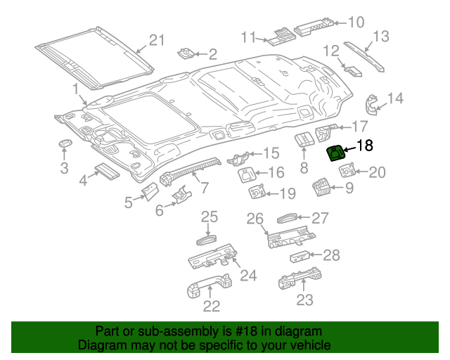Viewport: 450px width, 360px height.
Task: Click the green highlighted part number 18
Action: coord(336,153)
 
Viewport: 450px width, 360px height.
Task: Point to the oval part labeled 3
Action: coord(65,143)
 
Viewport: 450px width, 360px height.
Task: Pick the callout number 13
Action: coord(380,36)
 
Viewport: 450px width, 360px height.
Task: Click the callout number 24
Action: coord(248,275)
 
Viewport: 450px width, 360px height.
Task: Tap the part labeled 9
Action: coord(322,186)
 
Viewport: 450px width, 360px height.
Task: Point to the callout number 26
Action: coord(255,219)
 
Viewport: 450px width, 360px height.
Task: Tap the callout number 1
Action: coord(75,89)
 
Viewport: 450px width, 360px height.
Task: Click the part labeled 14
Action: coord(372,103)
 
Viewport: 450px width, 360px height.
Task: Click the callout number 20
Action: coord(378,172)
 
